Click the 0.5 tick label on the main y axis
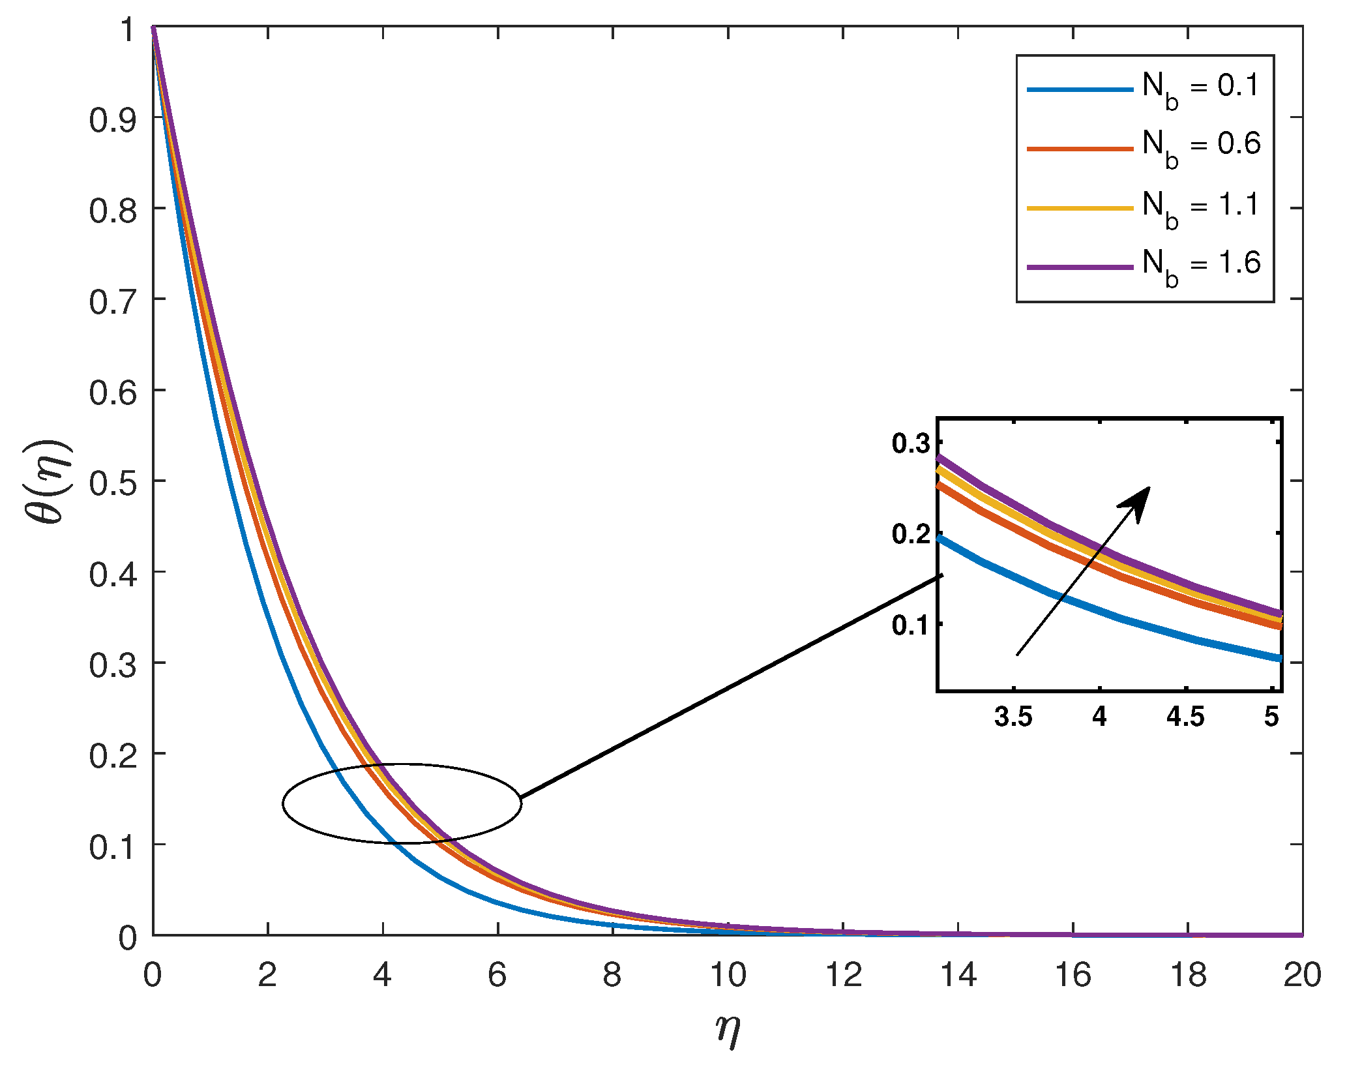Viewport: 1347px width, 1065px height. click(x=113, y=481)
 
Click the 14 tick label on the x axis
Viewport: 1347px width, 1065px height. click(x=958, y=976)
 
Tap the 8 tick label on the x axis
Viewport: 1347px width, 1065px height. click(x=612, y=976)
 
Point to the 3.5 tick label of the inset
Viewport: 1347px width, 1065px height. click(x=1014, y=717)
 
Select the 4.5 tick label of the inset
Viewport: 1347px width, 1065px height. click(x=1185, y=717)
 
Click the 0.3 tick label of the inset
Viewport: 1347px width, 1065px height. click(x=911, y=443)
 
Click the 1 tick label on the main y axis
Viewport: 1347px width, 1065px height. click(x=128, y=29)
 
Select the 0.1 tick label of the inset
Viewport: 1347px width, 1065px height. click(x=911, y=625)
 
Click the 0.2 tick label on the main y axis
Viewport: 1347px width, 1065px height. click(x=113, y=755)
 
